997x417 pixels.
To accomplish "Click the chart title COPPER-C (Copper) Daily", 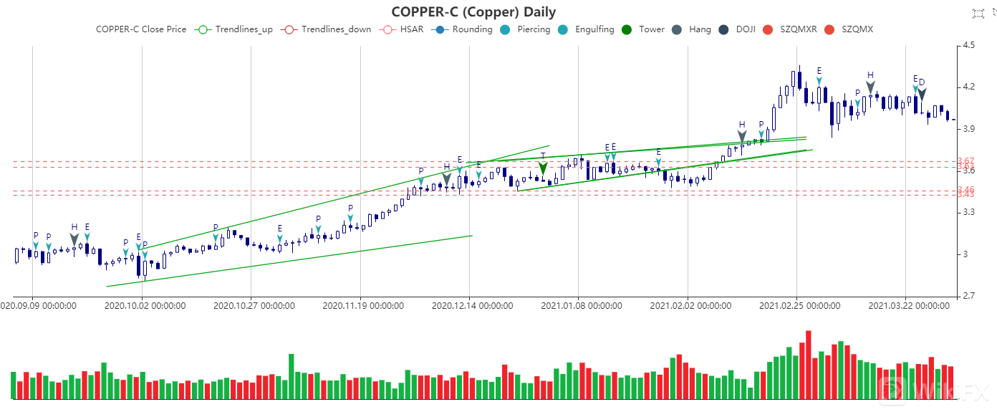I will click(473, 11).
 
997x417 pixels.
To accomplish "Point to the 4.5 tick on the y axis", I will click(969, 45).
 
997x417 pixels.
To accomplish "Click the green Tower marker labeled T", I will click(543, 168).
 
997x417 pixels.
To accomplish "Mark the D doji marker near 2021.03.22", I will click(922, 93).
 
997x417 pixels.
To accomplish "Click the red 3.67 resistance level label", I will click(965, 161).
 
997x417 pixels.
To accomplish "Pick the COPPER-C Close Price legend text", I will click(141, 29).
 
